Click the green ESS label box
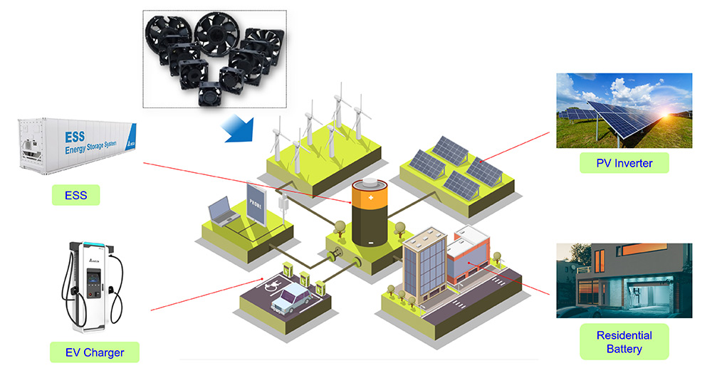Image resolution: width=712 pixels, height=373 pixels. point(75,194)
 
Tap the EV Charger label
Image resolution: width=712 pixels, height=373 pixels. point(94,352)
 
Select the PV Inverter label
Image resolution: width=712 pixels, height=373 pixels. point(624,163)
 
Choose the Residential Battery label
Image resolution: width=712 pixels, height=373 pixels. point(624,342)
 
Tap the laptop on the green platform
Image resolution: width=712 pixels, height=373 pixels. point(219,211)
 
